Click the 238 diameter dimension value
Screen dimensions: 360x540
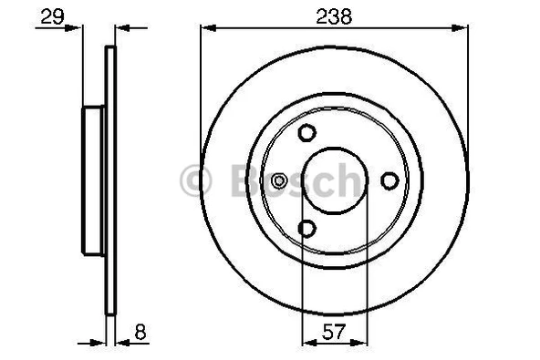pos(335,15)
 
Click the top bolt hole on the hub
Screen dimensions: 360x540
pos(306,132)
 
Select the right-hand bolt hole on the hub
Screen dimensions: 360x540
pos(389,180)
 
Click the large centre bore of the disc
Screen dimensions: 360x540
pos(335,180)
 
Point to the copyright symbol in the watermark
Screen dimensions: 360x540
pos(197,180)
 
